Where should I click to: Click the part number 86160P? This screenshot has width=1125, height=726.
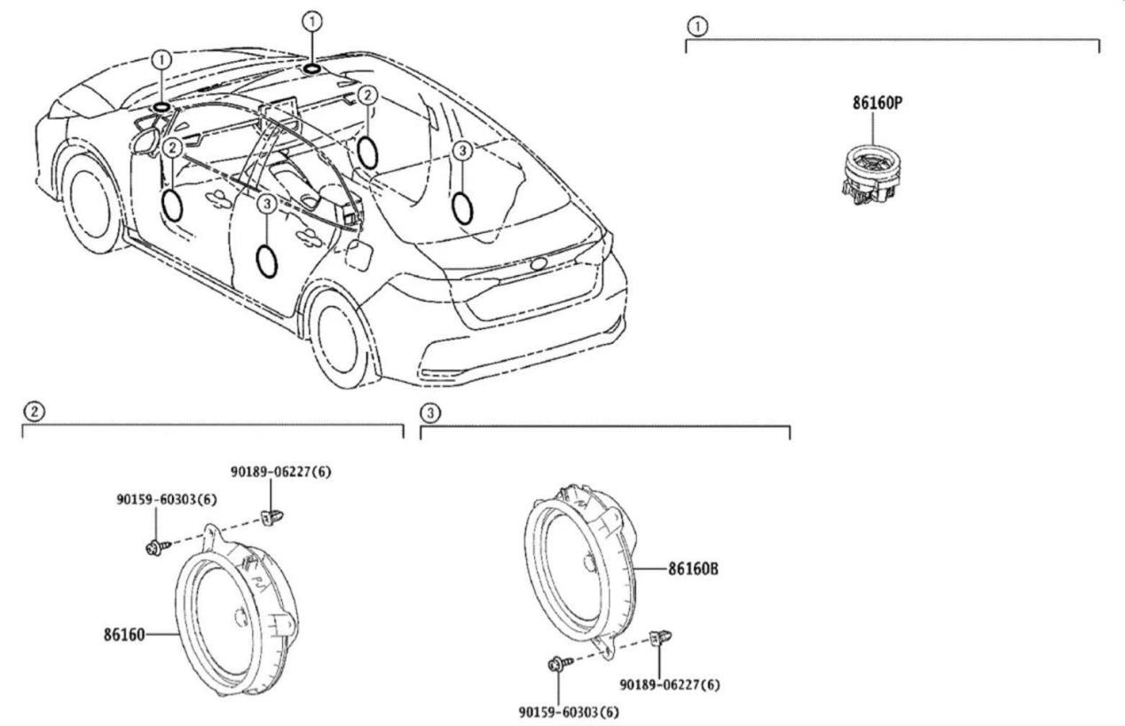[877, 103]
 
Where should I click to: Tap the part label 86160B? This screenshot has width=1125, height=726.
[692, 570]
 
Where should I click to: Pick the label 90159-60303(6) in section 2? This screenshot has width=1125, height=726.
[166, 500]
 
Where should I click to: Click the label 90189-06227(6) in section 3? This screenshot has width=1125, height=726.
[670, 684]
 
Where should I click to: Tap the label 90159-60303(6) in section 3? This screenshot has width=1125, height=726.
[569, 712]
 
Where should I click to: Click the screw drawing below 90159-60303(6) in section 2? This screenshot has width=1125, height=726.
[154, 547]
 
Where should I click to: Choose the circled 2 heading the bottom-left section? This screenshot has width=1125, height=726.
[33, 411]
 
